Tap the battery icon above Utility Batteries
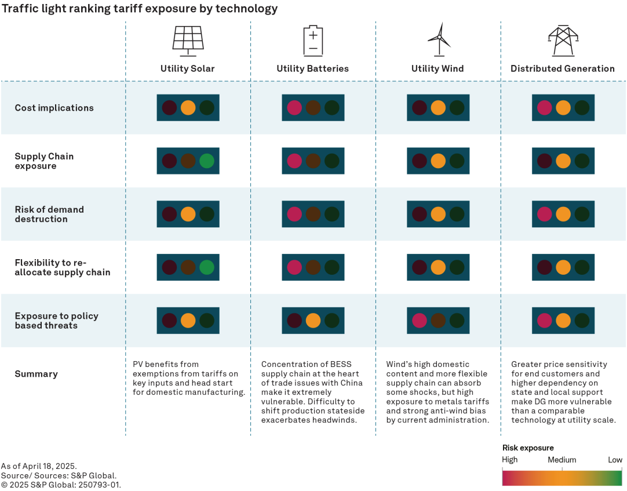tap(313, 41)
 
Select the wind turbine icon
tap(438, 39)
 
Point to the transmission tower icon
tap(563, 40)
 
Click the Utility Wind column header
tap(438, 68)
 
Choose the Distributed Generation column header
tap(562, 68)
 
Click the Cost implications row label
tap(54, 108)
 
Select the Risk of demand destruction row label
tap(49, 214)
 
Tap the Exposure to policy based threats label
tap(56, 321)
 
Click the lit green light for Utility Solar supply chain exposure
tap(206, 161)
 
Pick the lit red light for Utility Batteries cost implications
tap(294, 108)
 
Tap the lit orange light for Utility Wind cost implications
tap(438, 108)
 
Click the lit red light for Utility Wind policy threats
tap(420, 321)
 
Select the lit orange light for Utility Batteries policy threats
tap(313, 321)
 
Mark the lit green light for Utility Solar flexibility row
tap(206, 267)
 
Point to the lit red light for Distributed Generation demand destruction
tap(544, 214)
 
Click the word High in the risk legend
tap(510, 460)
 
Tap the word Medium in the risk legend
tap(562, 460)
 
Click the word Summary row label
tap(36, 374)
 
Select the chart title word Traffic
tap(19, 9)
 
